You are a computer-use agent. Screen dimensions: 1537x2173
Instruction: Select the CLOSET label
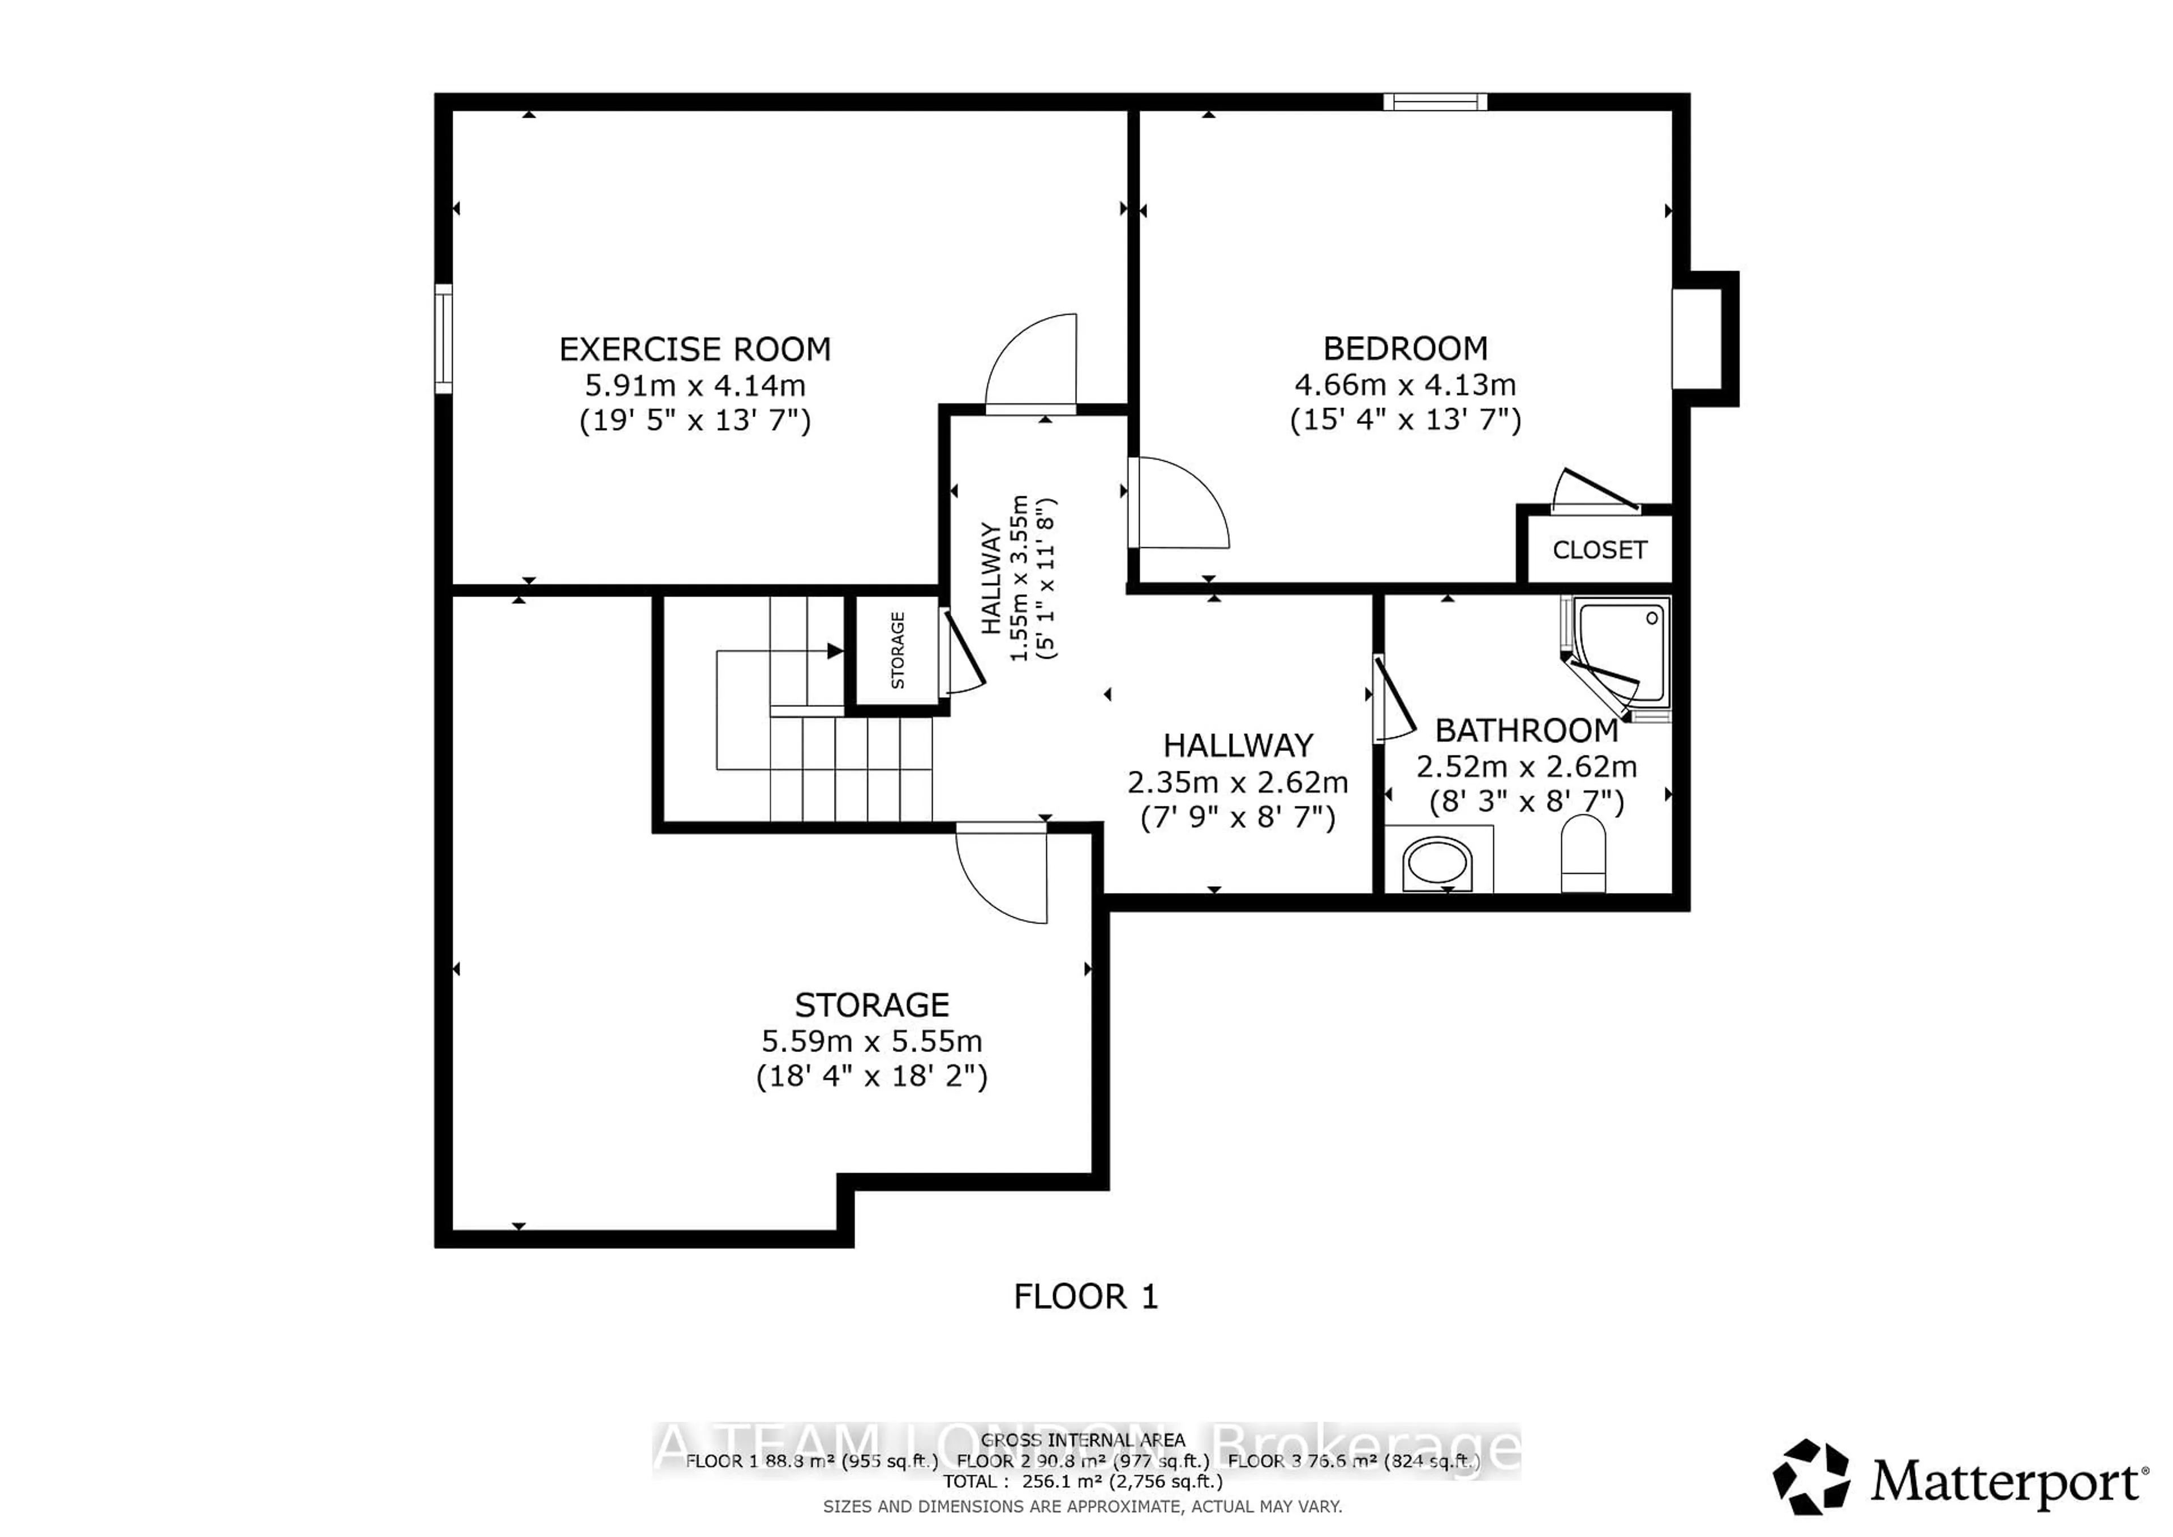point(1599,550)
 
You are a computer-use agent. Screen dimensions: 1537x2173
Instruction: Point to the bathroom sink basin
point(1437,863)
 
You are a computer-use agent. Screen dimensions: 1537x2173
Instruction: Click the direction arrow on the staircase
point(834,651)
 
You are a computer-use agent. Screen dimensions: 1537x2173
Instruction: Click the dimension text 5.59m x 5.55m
point(871,1041)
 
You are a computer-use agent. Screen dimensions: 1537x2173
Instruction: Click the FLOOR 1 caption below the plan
point(1085,1296)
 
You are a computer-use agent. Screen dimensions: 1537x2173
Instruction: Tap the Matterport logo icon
point(1810,1478)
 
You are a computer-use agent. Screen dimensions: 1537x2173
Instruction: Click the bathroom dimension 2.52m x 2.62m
point(1526,767)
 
